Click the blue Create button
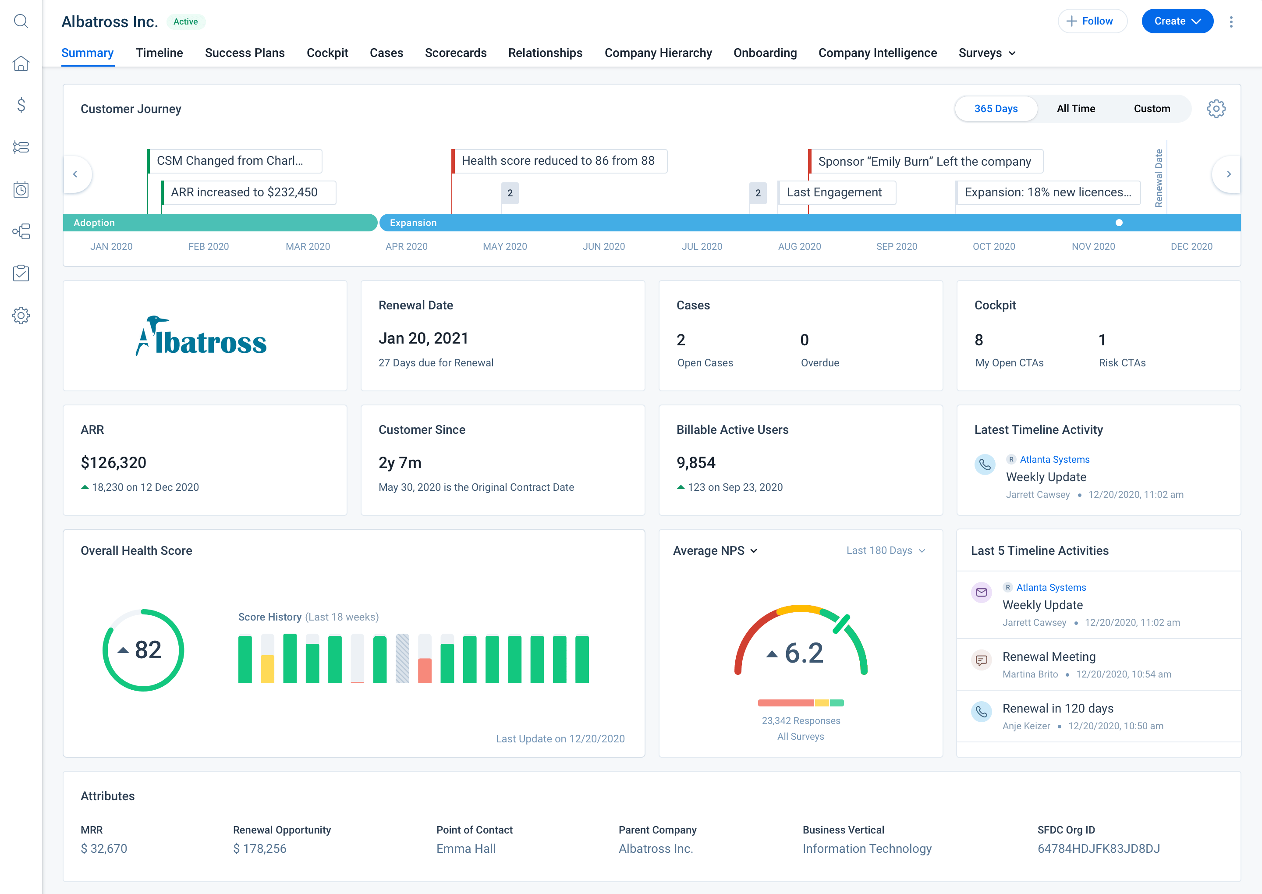[1176, 21]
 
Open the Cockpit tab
[327, 53]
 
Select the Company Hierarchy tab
[658, 53]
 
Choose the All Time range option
[1075, 108]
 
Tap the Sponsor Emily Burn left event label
[925, 161]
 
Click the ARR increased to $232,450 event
[245, 192]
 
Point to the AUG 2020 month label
[799, 247]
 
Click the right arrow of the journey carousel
[1228, 174]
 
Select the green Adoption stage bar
[220, 222]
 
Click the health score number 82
[148, 650]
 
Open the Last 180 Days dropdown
[885, 550]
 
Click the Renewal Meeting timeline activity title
[1049, 657]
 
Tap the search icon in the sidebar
[21, 21]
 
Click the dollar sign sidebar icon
[21, 105]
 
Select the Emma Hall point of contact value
[466, 848]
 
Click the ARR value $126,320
[113, 462]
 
